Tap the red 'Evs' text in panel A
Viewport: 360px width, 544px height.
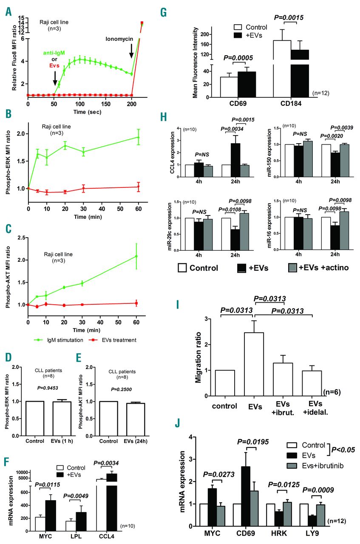coord(54,65)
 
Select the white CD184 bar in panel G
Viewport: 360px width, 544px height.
coord(282,68)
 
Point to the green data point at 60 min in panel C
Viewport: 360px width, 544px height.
coord(136,256)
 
